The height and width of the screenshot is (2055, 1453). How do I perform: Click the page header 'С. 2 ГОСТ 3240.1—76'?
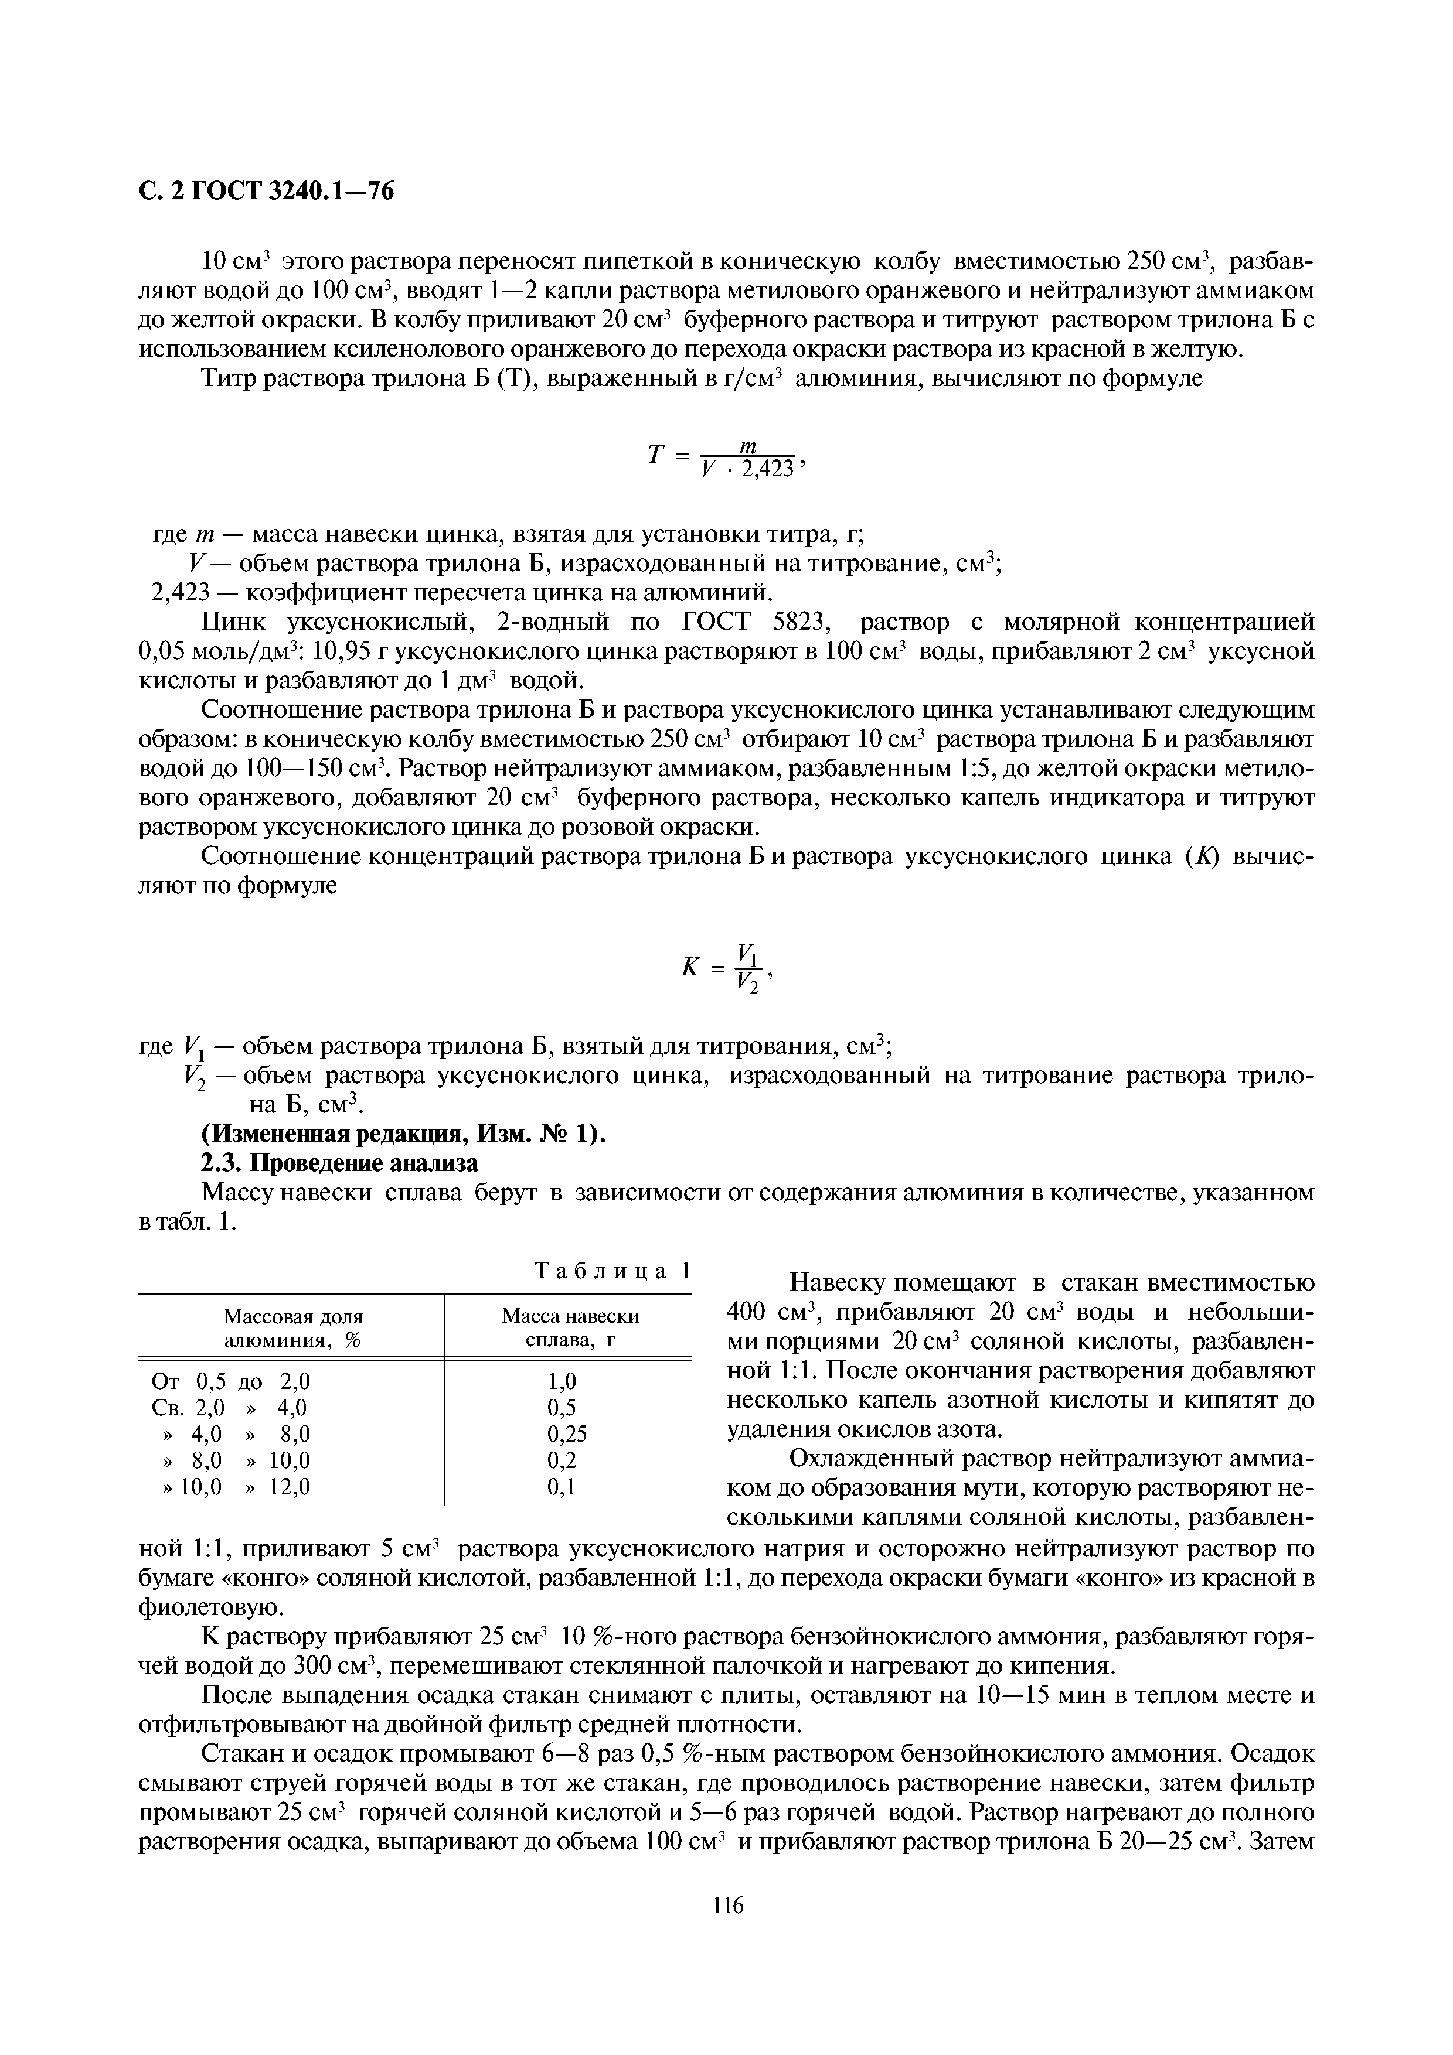266,192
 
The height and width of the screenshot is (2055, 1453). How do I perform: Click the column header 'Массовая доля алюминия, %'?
292,1328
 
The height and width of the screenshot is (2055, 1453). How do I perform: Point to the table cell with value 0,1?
562,1487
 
